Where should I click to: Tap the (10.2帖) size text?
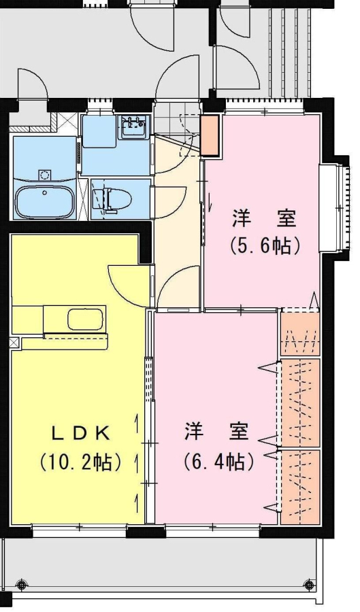click(80, 462)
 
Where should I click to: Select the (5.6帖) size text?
click(265, 246)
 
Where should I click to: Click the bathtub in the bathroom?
click(44, 201)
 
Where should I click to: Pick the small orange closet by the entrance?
click(210, 135)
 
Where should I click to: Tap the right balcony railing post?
click(309, 584)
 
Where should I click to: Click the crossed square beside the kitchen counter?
click(14, 343)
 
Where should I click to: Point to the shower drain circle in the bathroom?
click(44, 173)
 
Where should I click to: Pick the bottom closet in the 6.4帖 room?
click(300, 487)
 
